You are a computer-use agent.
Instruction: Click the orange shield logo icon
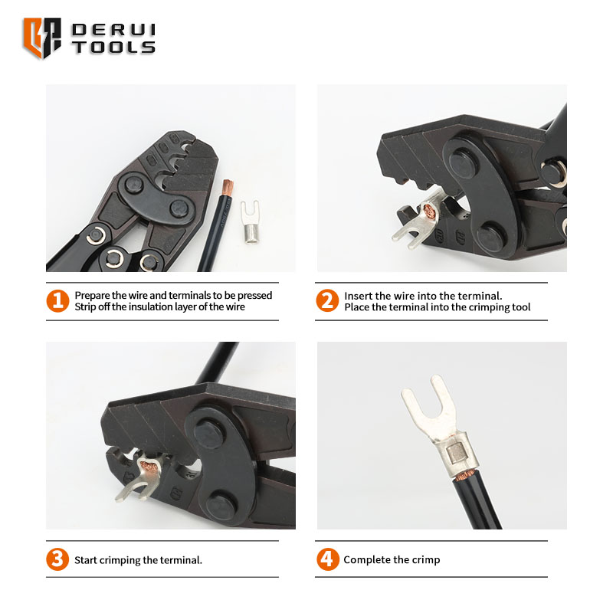[42, 38]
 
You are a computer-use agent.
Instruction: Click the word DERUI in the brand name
[113, 30]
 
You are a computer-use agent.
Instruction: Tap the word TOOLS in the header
[113, 48]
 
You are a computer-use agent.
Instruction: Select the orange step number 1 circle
[57, 301]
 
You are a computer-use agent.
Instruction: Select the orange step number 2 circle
[327, 300]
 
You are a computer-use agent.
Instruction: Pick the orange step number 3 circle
[57, 559]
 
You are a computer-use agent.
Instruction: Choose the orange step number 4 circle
[328, 559]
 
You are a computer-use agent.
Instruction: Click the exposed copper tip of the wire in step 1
[228, 188]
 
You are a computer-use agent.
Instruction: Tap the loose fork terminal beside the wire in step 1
[251, 221]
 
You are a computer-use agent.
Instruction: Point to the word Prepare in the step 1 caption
[92, 296]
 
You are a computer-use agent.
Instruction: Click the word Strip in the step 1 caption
[85, 307]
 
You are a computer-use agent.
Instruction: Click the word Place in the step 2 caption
[356, 307]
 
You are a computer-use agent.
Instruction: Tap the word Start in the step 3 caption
[86, 560]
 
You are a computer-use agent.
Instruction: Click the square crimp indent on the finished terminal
[455, 454]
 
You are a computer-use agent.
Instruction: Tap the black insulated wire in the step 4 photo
[477, 502]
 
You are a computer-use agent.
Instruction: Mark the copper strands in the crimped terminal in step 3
[149, 467]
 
